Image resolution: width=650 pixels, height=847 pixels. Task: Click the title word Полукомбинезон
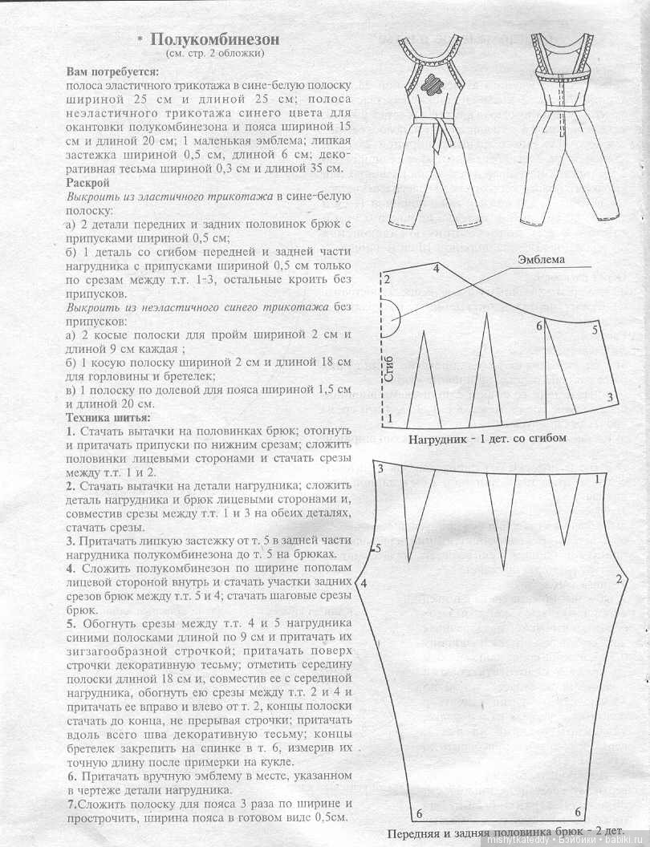pos(214,40)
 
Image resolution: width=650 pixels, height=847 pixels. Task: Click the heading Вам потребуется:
pos(112,71)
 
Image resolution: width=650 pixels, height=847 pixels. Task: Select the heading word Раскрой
pos(87,183)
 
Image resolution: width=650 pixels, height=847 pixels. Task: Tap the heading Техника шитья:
pos(108,418)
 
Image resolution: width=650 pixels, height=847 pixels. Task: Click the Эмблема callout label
pos(541,259)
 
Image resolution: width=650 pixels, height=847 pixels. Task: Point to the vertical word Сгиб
pos(390,370)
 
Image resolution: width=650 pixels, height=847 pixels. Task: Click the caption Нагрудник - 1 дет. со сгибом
pos(487,438)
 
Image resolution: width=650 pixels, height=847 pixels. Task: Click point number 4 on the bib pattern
pos(436,268)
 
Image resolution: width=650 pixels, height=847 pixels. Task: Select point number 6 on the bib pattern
pos(539,326)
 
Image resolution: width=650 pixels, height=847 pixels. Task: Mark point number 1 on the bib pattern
pos(390,419)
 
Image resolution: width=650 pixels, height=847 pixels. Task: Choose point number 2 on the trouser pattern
pos(620,579)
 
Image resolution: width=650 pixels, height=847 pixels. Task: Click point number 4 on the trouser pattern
pos(364,583)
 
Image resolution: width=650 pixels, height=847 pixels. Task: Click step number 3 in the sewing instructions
pos(71,541)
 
